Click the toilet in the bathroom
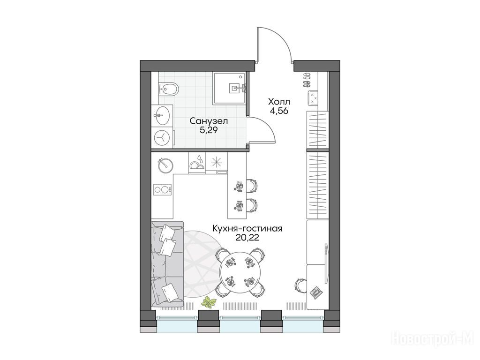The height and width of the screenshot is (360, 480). [x=169, y=90]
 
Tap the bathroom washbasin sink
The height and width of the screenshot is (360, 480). [x=162, y=115]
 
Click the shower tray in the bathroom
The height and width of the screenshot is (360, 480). [x=230, y=88]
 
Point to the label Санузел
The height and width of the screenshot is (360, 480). [x=209, y=121]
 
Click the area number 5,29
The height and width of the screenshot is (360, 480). [x=209, y=131]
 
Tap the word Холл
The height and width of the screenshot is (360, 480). [x=279, y=101]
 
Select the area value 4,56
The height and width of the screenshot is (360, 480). [x=279, y=111]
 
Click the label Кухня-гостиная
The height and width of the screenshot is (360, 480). [x=247, y=228]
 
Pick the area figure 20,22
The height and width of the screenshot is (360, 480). [x=247, y=238]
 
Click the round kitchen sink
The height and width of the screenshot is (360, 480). [x=165, y=165]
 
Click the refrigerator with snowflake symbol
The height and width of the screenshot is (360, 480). [x=217, y=163]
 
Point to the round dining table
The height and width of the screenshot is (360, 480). [x=240, y=270]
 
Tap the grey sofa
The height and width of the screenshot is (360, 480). [x=167, y=263]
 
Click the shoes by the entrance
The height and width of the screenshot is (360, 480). [x=307, y=80]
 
